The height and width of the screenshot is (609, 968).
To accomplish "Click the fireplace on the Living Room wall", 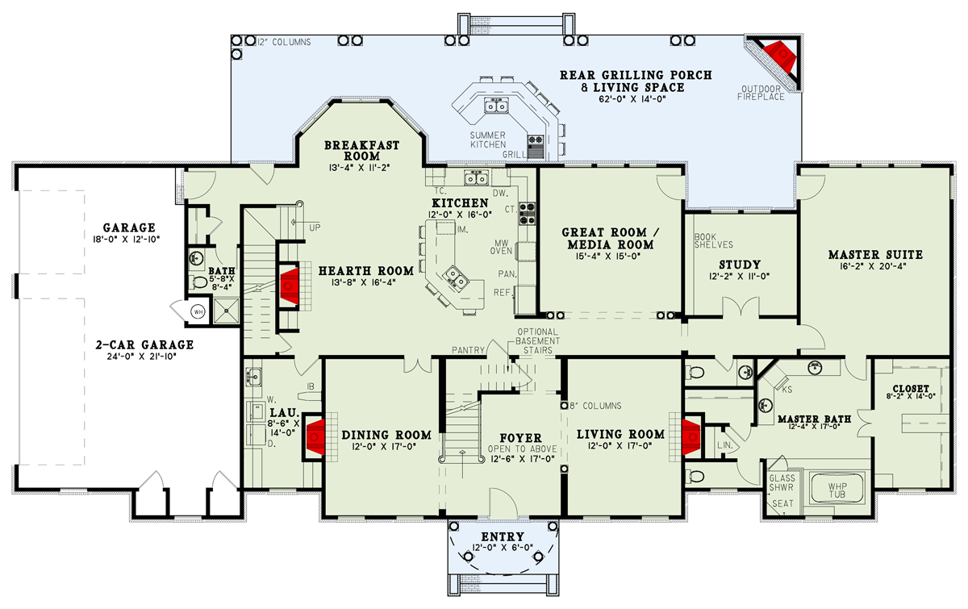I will [692, 436].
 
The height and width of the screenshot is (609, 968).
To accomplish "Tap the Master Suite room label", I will [874, 255].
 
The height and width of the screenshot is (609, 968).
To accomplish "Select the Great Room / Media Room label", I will [610, 238].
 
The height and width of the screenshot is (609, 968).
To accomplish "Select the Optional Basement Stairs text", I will [539, 340].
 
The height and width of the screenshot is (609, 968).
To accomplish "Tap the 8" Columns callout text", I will [596, 406].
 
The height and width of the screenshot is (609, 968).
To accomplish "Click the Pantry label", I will [468, 350].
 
